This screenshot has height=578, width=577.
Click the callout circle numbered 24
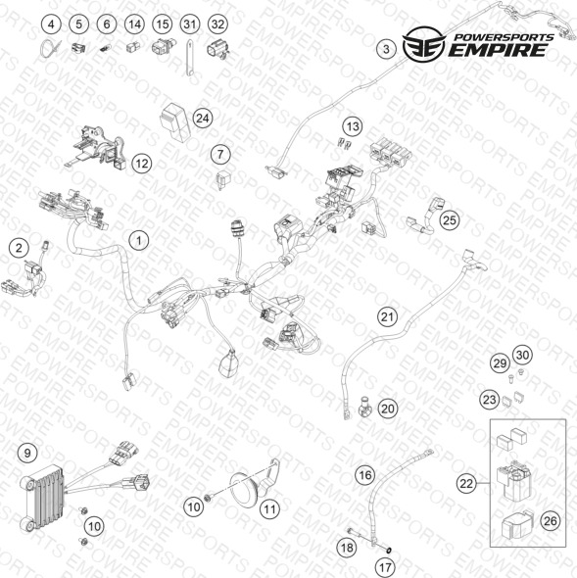coord(203,119)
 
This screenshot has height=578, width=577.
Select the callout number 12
coord(142,164)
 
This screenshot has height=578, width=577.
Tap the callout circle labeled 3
coord(386,49)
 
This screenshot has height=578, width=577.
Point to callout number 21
coord(388,316)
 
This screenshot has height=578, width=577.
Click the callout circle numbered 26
coord(551,521)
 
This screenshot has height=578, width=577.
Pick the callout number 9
coord(27,453)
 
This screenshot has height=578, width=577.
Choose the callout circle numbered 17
coord(385,567)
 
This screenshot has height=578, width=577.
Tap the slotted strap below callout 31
coord(189,57)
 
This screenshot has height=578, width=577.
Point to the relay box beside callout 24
coord(174,121)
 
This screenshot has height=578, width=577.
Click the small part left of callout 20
coord(365,407)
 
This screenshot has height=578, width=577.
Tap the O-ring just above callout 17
coord(388,551)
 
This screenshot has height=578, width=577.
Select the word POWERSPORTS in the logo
coord(504,37)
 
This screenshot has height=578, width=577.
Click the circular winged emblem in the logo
coord(424,44)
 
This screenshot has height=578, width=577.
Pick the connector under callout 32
coord(217,51)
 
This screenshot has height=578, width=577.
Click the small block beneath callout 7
coord(222,179)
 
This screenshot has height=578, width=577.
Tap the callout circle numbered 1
coord(139,241)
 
